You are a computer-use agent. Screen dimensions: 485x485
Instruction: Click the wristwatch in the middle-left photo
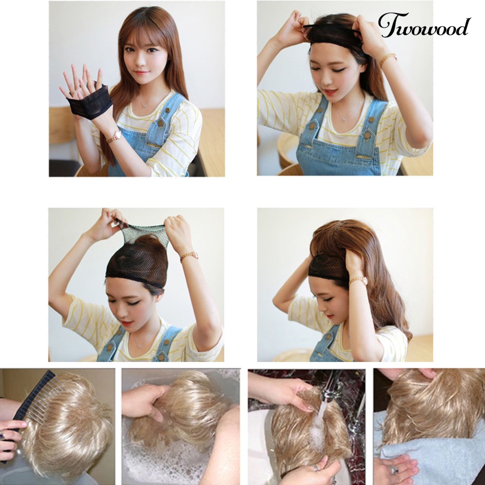point(189,255)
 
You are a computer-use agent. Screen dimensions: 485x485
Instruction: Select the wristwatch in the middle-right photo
point(359,281)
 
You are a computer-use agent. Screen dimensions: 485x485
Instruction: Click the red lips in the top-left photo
point(141,73)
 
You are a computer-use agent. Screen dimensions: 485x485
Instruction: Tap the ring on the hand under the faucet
point(316,468)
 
